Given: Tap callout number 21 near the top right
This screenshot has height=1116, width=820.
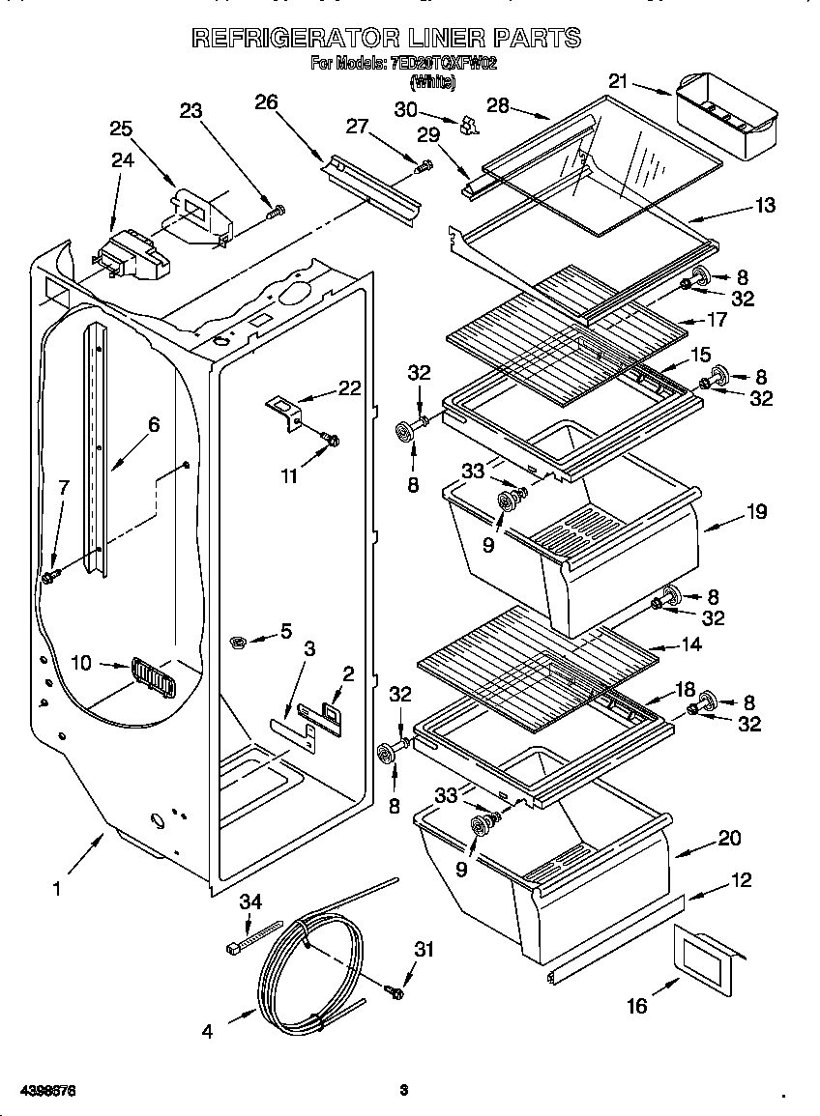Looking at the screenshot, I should point(619,81).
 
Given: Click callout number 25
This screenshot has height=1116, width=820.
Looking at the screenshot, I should point(121,129).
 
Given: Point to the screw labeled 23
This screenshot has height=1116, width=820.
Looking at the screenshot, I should point(277,210).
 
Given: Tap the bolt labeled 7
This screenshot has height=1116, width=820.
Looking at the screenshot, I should point(49,577).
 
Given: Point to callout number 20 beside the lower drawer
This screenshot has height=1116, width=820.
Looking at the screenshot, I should point(729,838).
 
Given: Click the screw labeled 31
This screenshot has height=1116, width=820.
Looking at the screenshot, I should point(394,989).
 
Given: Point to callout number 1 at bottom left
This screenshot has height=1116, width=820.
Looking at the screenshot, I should point(56,888).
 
